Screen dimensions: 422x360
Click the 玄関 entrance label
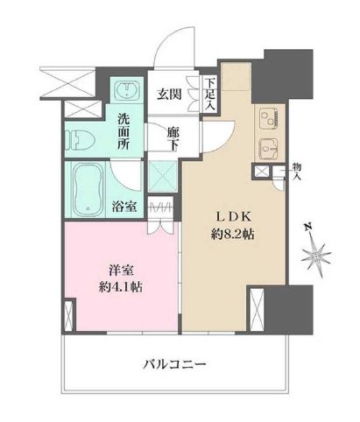170,95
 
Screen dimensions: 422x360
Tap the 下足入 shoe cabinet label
211,95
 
